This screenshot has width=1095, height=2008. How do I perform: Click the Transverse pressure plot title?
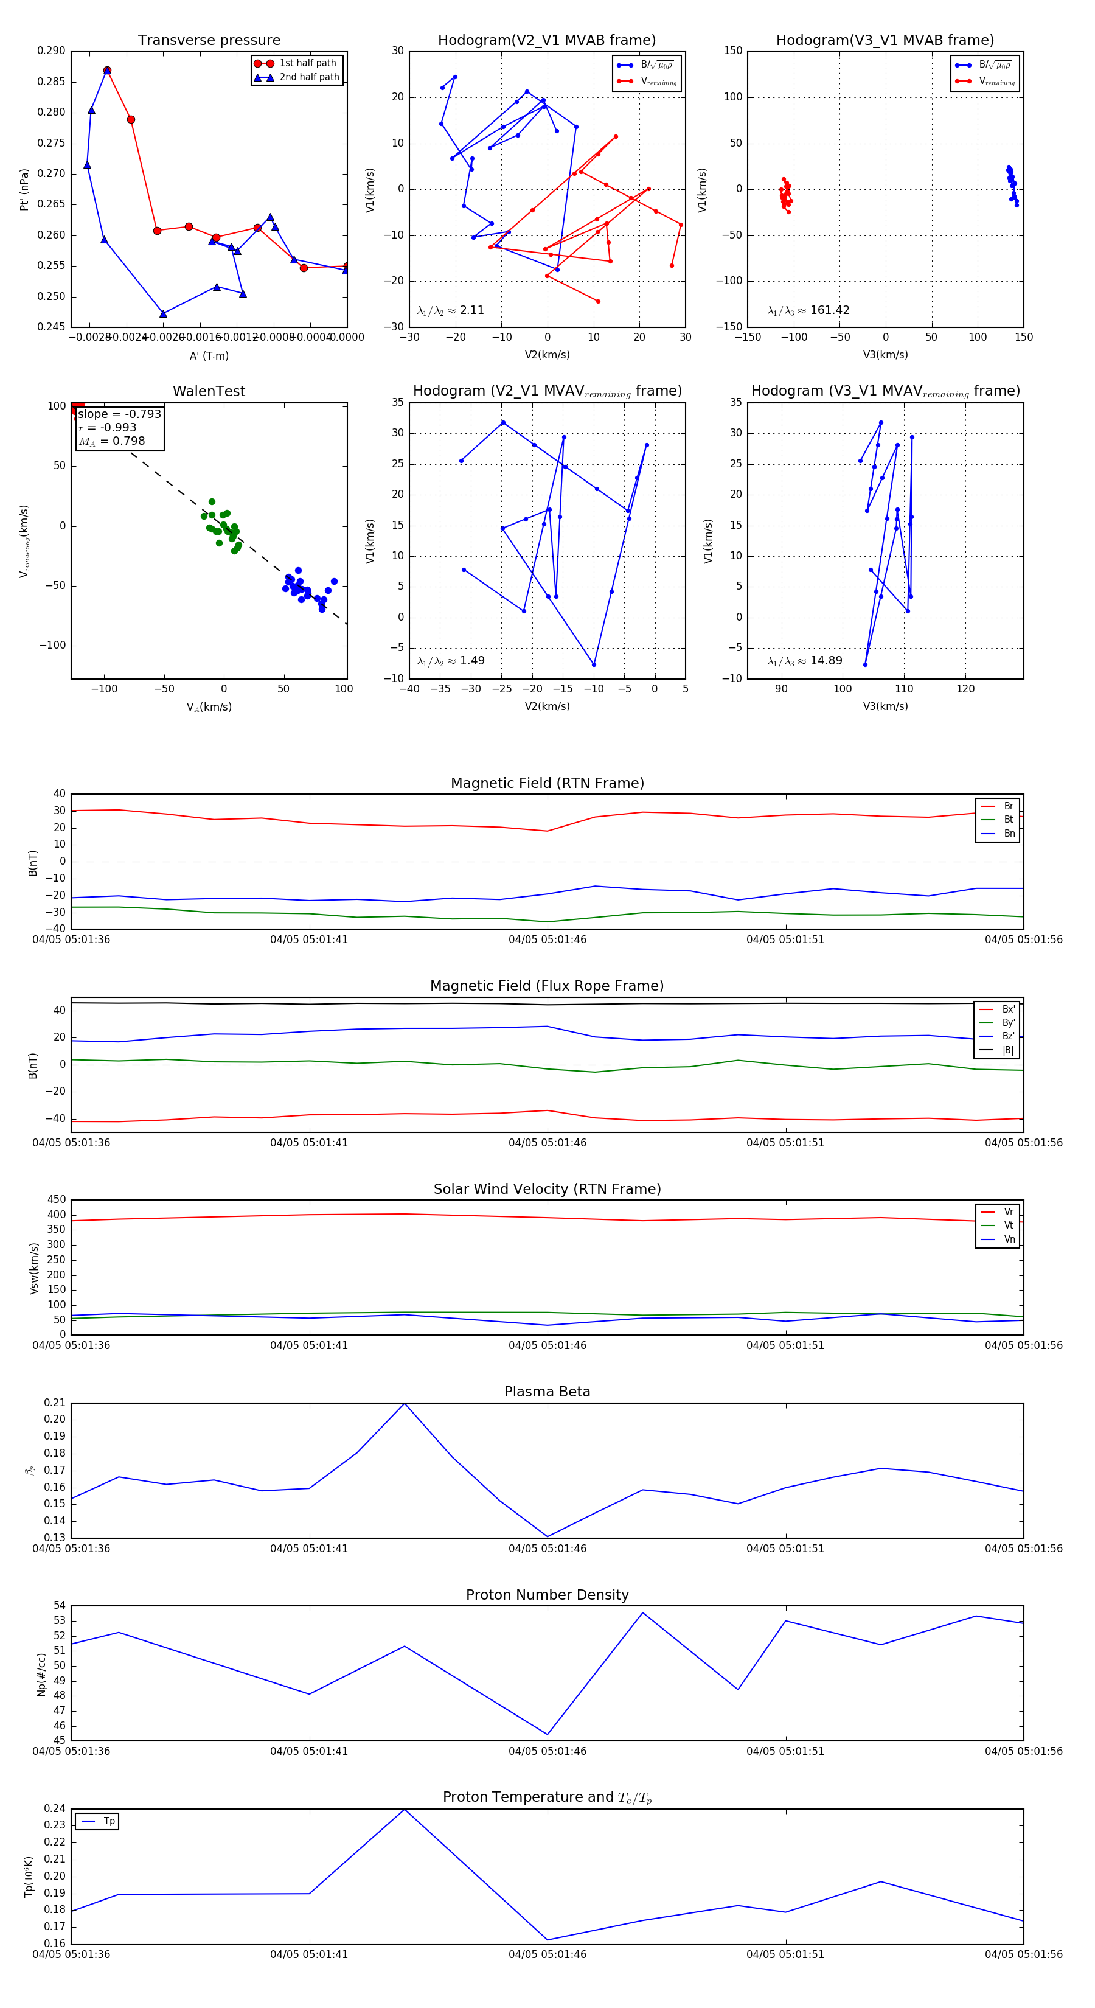pyautogui.click(x=209, y=41)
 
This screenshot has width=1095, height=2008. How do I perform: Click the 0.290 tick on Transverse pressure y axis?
pyautogui.click(x=52, y=51)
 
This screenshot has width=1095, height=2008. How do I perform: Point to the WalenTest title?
pyautogui.click(x=209, y=391)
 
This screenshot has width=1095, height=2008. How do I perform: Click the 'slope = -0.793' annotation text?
pyautogui.click(x=119, y=414)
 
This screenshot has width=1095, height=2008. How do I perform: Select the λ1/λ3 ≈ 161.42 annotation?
pyautogui.click(x=808, y=310)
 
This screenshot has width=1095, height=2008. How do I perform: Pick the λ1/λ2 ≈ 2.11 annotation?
pyautogui.click(x=450, y=310)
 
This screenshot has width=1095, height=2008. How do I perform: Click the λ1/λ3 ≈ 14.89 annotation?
pyautogui.click(x=805, y=661)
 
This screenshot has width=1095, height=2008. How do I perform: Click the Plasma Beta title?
pyautogui.click(x=547, y=1392)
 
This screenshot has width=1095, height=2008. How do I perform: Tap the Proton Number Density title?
pyautogui.click(x=547, y=1595)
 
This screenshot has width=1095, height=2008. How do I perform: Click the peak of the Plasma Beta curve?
pyautogui.click(x=404, y=1404)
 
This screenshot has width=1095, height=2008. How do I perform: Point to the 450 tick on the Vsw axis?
pyautogui.click(x=57, y=1200)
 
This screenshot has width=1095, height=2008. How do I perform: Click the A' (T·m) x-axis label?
pyautogui.click(x=209, y=356)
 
